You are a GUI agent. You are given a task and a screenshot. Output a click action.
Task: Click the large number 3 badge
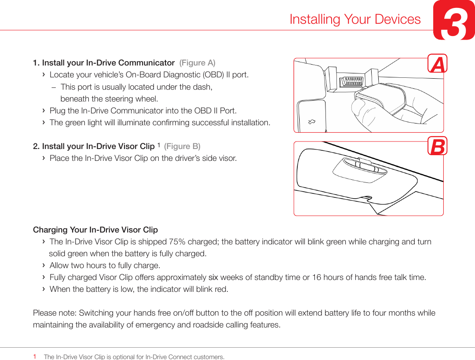tap(453, 21)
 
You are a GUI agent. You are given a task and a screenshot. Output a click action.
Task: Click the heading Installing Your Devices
tap(355, 19)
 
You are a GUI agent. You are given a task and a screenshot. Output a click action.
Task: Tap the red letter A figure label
tap(437, 64)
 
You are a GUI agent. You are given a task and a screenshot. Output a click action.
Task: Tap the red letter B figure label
tap(437, 146)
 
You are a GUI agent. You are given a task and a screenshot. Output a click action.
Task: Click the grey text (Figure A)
tap(197, 63)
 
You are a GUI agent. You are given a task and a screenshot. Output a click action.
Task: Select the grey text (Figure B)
tap(182, 146)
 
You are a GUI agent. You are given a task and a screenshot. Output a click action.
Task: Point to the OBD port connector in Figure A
tap(352, 81)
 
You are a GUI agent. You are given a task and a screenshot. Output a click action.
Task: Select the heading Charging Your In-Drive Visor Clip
tap(95, 230)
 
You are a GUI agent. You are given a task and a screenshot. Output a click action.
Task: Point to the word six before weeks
tap(213, 277)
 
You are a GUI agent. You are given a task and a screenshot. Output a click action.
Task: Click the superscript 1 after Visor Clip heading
tap(158, 145)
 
